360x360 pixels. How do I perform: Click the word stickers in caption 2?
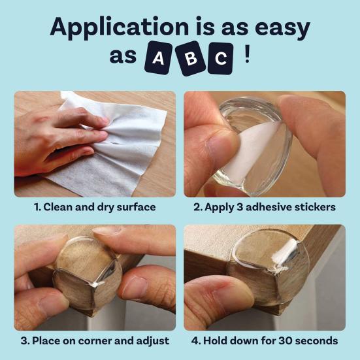pyautogui.click(x=314, y=207)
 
